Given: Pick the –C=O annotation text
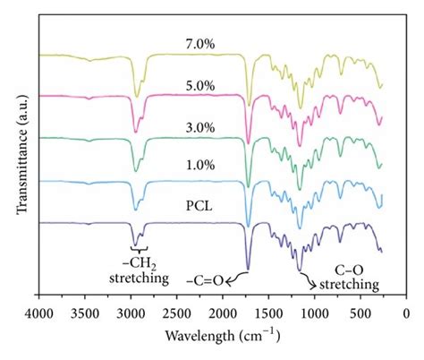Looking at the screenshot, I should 205,284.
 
